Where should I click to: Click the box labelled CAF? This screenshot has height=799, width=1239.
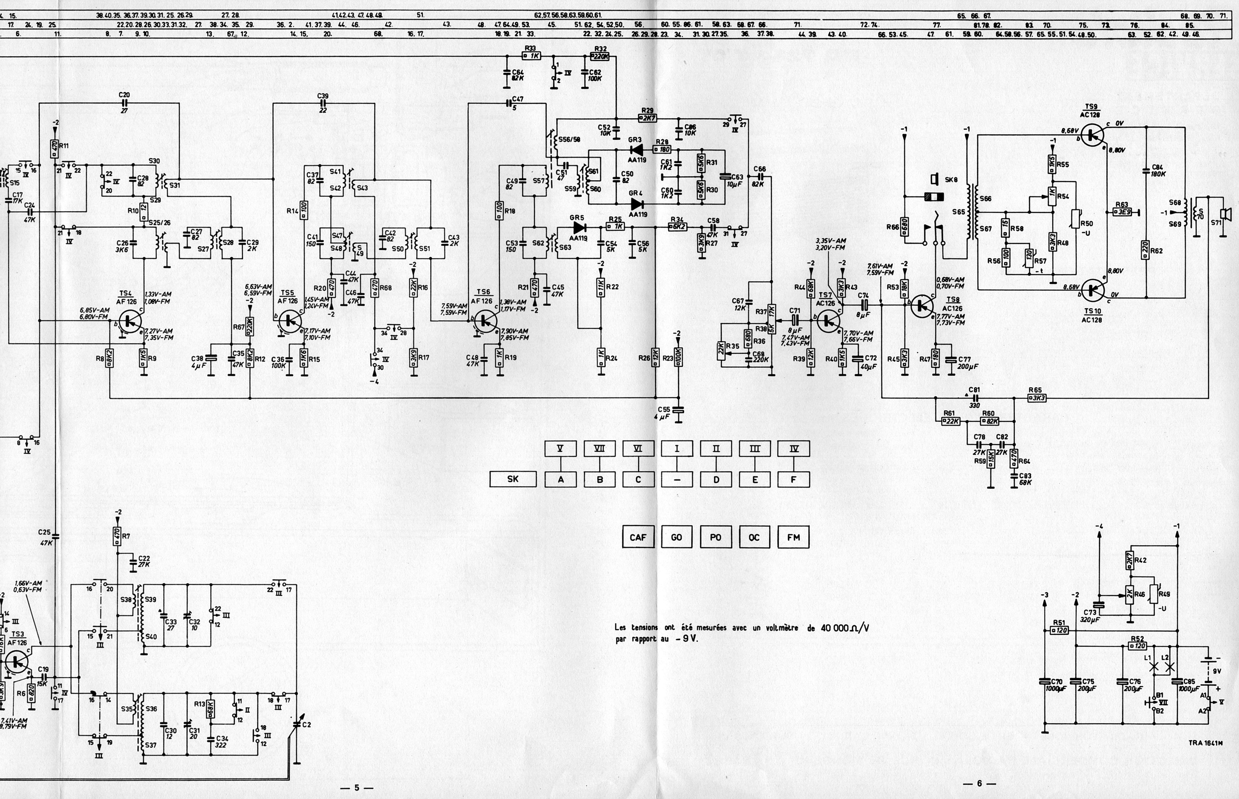coord(638,537)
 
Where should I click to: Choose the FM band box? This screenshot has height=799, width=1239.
coord(793,537)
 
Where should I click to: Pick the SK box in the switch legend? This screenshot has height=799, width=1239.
coord(513,479)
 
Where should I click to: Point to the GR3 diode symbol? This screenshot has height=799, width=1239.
coord(635,149)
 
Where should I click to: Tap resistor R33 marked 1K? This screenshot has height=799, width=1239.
coord(531,56)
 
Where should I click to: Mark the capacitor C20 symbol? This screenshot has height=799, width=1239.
coord(124,103)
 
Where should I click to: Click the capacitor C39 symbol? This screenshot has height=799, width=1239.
coord(323,103)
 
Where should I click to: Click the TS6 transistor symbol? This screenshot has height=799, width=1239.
coord(485,321)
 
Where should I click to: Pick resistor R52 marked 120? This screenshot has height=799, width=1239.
coord(1138,646)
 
